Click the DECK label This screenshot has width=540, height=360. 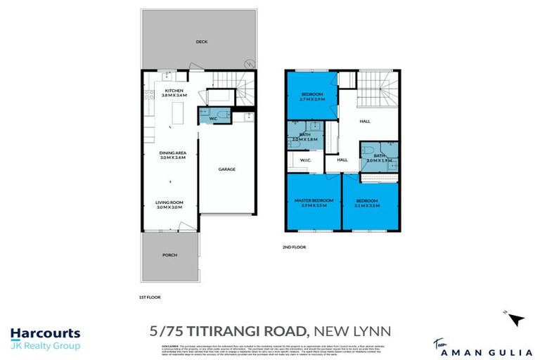(201, 41)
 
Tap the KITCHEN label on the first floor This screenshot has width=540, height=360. (174, 91)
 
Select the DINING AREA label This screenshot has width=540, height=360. (172, 153)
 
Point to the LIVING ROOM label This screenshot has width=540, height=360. (169, 202)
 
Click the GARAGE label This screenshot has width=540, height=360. (226, 169)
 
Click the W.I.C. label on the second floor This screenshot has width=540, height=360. (305, 160)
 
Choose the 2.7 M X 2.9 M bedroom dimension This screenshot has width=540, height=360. (311, 101)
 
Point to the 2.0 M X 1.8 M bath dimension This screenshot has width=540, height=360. (304, 139)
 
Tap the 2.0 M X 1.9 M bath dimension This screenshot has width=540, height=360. (379, 161)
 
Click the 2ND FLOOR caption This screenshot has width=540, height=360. (295, 247)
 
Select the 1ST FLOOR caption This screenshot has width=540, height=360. (150, 297)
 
